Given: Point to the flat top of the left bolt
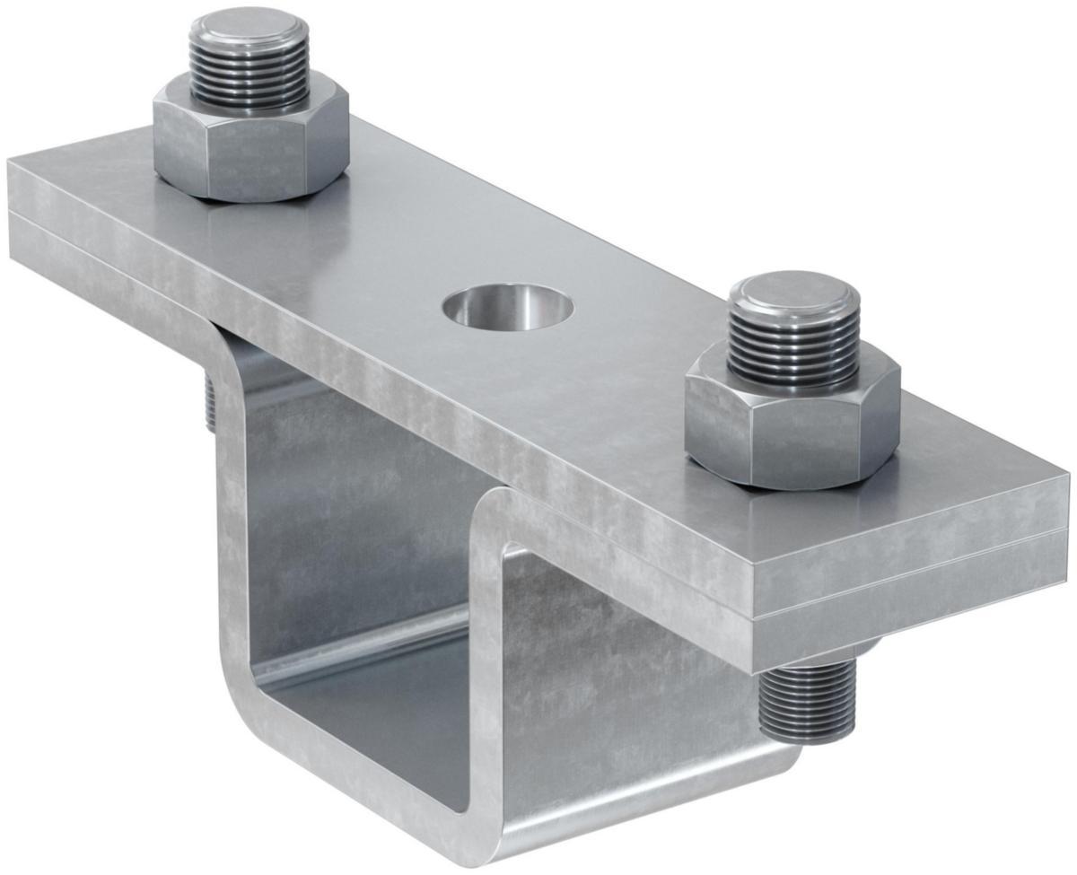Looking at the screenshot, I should (x=250, y=25).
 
